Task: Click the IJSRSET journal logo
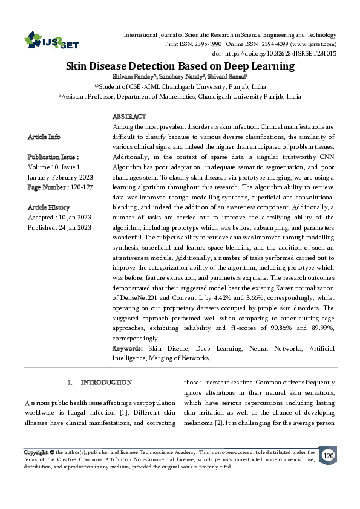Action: point(52,41)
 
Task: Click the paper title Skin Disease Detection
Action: point(180,66)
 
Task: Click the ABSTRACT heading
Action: point(129,116)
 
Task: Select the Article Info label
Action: point(44,137)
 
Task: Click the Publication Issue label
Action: point(53,156)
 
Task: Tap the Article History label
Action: point(48,207)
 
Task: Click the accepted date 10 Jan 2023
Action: point(73,218)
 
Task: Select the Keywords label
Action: point(128,349)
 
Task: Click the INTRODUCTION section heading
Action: point(106,383)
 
